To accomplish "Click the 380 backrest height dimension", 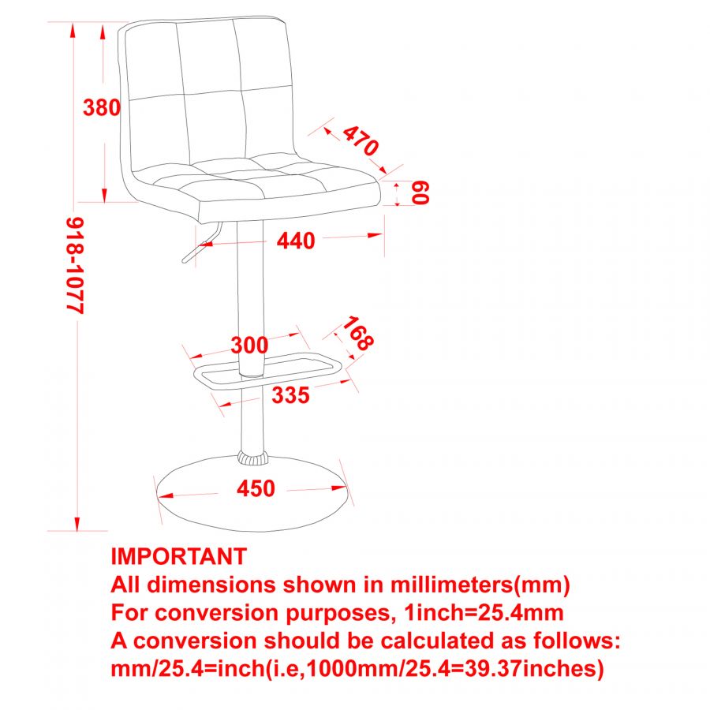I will (x=101, y=107).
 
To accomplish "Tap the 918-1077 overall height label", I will (x=75, y=266).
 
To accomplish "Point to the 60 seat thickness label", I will (x=420, y=192).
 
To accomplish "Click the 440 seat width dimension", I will (x=296, y=241).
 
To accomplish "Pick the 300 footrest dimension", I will (x=249, y=345).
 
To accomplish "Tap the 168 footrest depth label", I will (x=357, y=334).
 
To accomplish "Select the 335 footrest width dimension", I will (x=290, y=395).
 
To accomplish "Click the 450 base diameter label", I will (x=256, y=489).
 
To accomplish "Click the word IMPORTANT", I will (x=179, y=556).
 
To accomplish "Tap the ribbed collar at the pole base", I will (x=252, y=458).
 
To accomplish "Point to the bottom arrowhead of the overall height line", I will (x=77, y=524).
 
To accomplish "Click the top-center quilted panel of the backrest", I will (x=208, y=55).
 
